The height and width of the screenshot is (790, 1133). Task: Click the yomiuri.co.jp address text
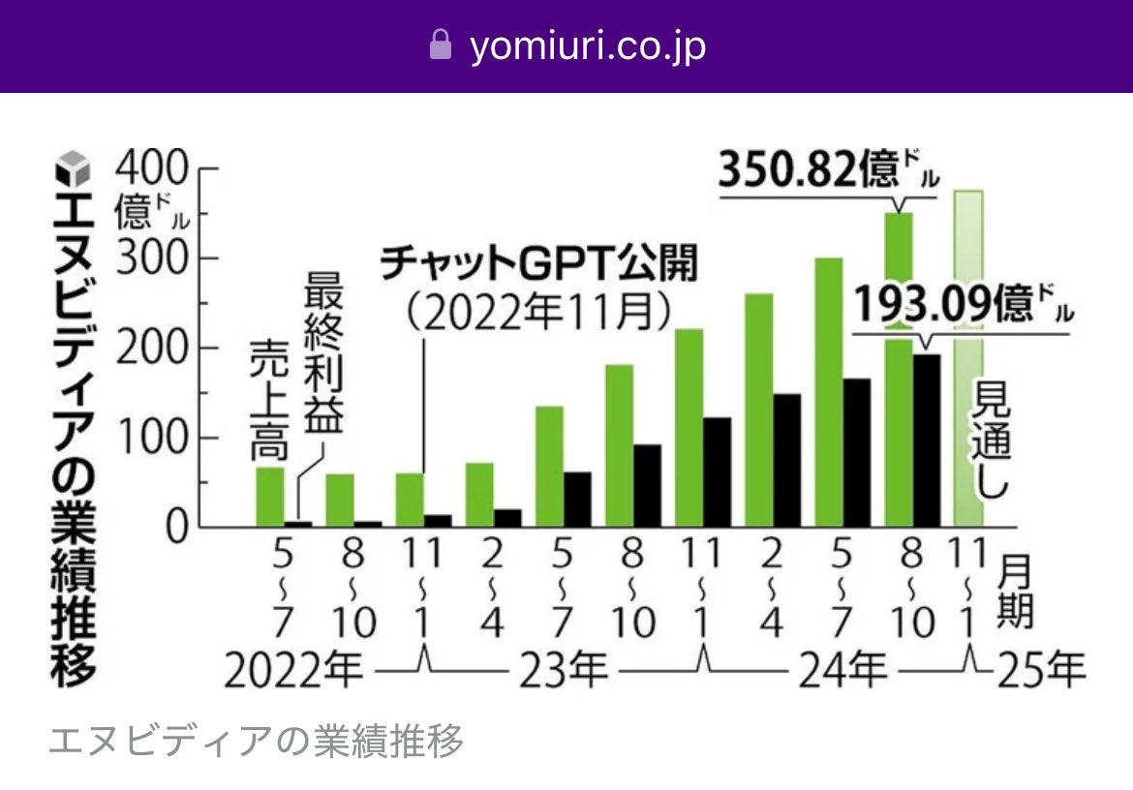(x=588, y=46)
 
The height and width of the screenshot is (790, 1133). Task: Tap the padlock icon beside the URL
(x=441, y=46)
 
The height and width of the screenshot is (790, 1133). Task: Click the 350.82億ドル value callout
(x=829, y=172)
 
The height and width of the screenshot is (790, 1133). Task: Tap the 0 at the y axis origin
(x=173, y=529)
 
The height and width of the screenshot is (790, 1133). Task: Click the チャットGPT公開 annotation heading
(x=538, y=264)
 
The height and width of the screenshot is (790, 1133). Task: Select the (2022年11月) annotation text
(x=538, y=312)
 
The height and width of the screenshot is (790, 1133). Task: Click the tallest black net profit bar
(x=926, y=441)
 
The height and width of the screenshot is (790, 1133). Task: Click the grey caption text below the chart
(x=257, y=741)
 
